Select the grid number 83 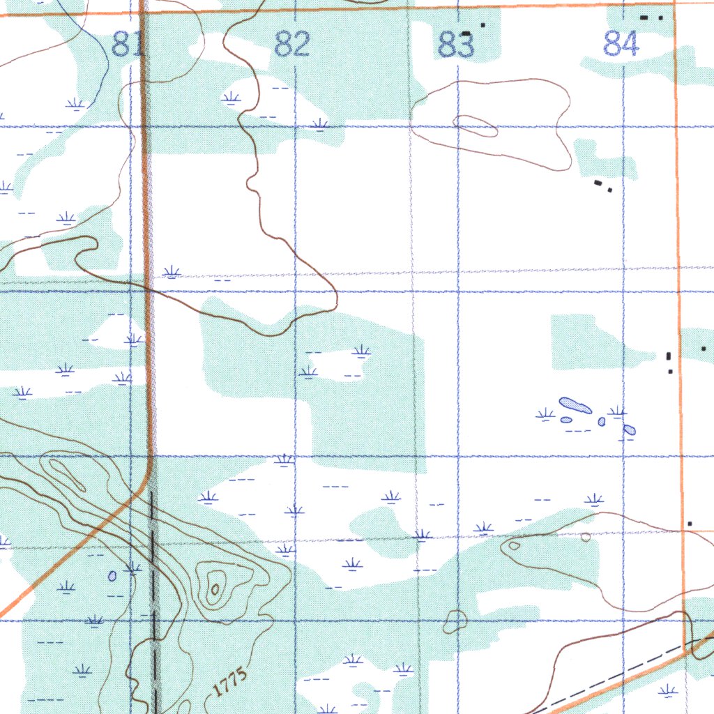(457, 46)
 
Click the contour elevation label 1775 (229, 683)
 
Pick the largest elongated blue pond (575, 405)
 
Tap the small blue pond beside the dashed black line (112, 576)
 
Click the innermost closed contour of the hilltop (215, 590)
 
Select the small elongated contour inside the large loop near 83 (475, 126)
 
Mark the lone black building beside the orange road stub (690, 523)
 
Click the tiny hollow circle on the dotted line (586, 536)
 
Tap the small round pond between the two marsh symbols (601, 421)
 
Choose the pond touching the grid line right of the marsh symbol (628, 430)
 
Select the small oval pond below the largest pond (566, 420)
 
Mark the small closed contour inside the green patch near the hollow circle (514, 545)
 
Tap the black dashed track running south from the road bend (153, 600)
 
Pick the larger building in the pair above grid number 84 (644, 17)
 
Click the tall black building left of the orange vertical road (669, 356)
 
